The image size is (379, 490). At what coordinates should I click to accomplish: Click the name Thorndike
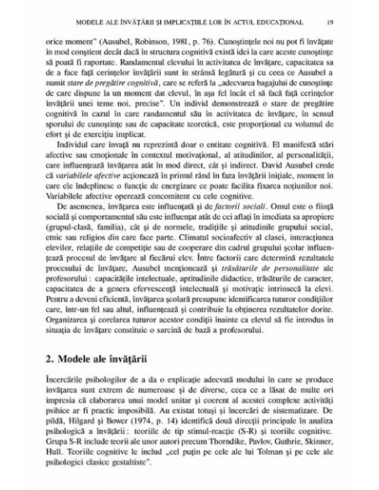coord(247,465)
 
